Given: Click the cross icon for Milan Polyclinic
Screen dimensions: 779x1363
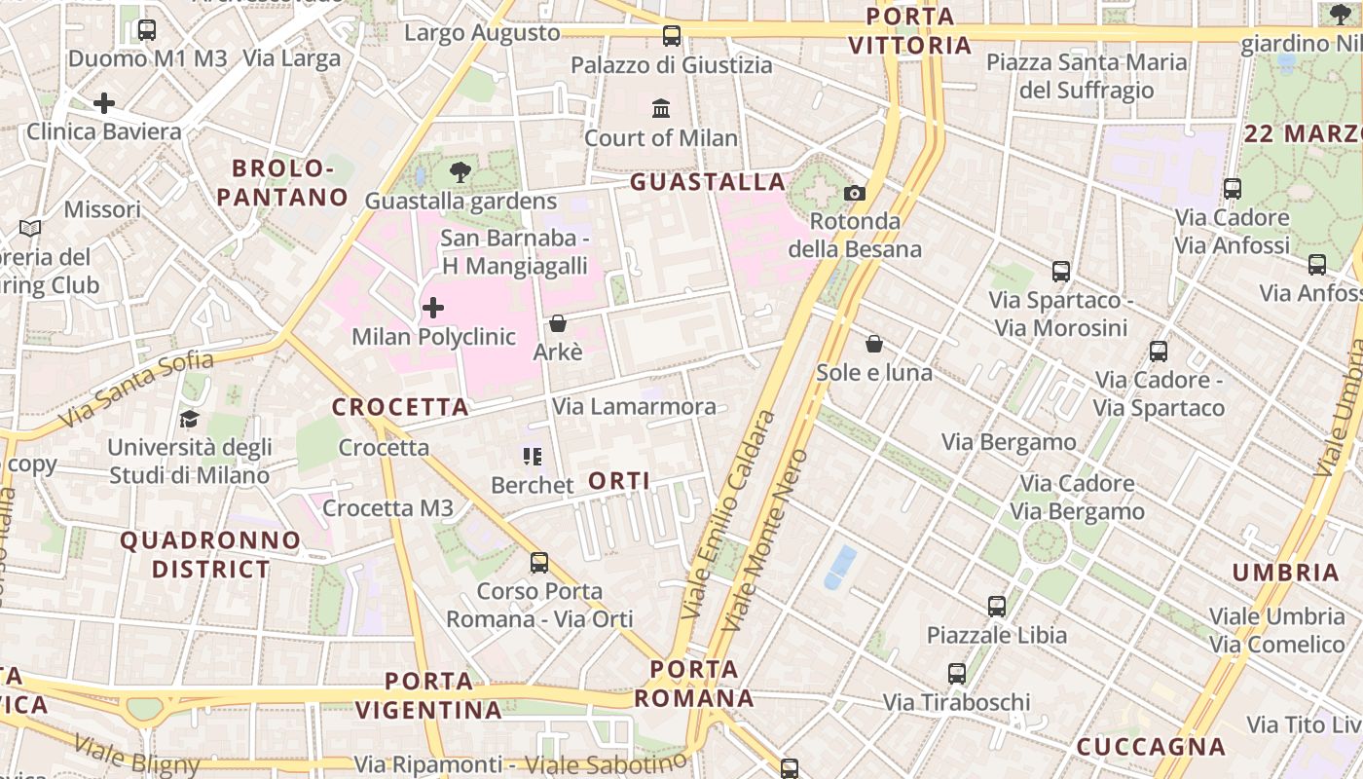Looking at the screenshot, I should (x=433, y=309).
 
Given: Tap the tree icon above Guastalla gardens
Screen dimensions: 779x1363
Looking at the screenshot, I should (x=460, y=173).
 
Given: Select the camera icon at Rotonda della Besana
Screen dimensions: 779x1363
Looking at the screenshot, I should (x=855, y=193).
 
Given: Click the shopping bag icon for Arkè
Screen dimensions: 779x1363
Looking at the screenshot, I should (x=558, y=322).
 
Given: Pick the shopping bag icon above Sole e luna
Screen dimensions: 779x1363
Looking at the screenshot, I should (x=874, y=344).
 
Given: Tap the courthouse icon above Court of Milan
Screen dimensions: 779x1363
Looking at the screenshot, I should (x=661, y=108).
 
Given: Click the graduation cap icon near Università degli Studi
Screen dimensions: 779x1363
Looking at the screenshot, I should (x=189, y=419).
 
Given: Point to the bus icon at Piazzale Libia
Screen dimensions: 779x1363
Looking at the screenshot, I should (x=997, y=607).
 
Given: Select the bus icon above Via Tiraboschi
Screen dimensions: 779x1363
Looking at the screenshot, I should (x=957, y=673).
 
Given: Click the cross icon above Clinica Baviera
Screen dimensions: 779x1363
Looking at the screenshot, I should (x=104, y=102).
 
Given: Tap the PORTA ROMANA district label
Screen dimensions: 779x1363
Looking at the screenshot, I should (x=694, y=684).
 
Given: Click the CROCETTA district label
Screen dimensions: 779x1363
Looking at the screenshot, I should (x=401, y=407).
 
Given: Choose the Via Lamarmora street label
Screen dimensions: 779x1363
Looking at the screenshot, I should (x=634, y=406).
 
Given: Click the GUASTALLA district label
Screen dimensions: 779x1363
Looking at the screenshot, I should (x=708, y=182).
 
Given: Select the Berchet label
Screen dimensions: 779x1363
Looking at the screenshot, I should (x=533, y=484).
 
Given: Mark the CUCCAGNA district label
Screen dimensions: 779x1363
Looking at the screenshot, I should (x=1151, y=747).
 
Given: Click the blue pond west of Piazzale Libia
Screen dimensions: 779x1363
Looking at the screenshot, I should (x=840, y=567).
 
